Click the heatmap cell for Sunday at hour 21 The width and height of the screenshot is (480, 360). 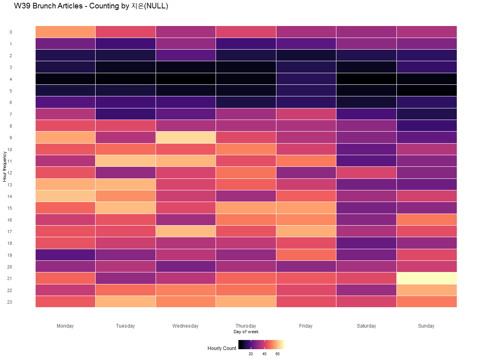[426, 278]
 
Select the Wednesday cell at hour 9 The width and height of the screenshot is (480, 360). [186, 138]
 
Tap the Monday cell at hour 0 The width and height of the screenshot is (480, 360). [65, 32]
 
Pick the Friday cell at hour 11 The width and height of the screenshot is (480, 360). [306, 161]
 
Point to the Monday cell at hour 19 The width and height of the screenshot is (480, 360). [65, 255]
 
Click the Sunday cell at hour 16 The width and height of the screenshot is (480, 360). [426, 220]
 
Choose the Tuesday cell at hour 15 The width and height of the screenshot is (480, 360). [126, 208]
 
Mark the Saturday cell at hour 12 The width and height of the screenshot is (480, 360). [366, 173]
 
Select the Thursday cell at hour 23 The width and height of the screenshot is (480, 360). [246, 302]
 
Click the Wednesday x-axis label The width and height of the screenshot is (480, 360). [186, 326]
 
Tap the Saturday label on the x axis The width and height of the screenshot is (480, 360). [366, 326]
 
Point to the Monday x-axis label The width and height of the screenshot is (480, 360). [65, 326]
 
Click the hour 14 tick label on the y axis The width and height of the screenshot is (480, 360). [10, 196]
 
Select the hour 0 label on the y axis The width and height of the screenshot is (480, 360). [11, 32]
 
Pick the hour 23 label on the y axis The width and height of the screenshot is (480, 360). [10, 302]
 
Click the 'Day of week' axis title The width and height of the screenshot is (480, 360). [246, 332]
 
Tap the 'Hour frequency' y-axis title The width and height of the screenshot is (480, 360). [4, 166]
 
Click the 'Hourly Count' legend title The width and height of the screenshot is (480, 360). [222, 348]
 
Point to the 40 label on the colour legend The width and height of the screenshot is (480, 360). [264, 354]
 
